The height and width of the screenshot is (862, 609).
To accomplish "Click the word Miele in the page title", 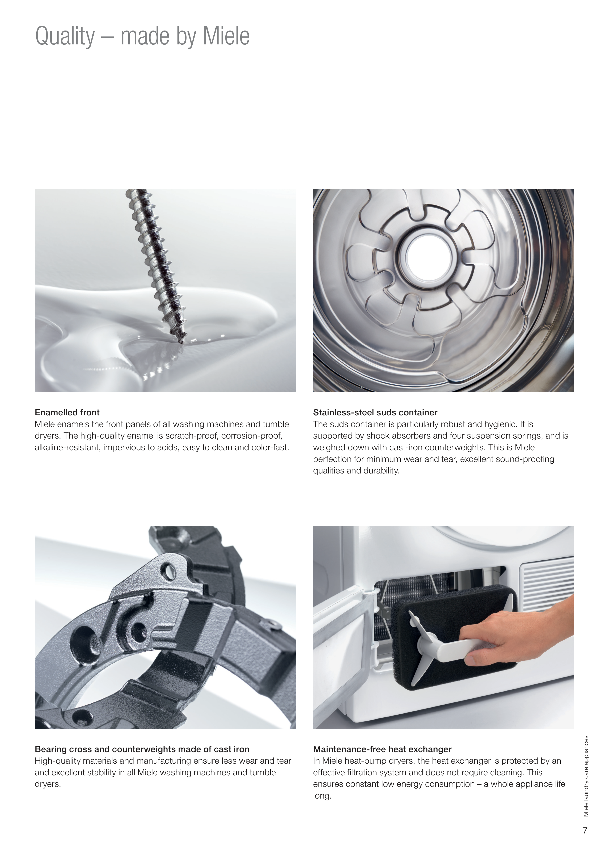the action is [226, 36].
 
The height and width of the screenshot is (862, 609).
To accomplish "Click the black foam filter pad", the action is [454, 638].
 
